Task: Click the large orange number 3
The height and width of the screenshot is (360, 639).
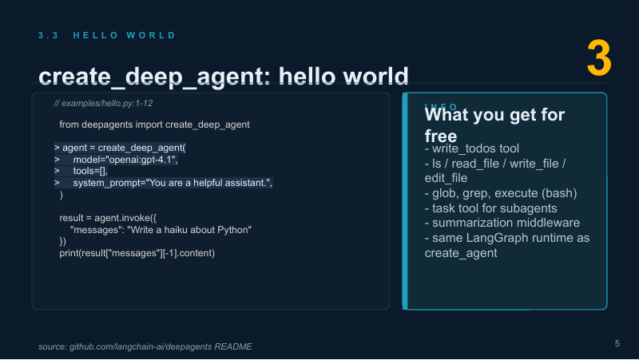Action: coord(599,57)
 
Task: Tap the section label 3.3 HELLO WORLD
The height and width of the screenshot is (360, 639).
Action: coord(107,35)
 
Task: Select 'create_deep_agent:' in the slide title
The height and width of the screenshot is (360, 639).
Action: coord(154,77)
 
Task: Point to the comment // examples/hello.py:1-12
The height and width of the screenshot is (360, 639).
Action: coord(103,104)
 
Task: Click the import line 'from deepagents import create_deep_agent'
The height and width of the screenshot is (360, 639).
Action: coord(154,125)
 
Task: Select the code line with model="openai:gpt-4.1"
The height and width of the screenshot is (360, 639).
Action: coord(116,160)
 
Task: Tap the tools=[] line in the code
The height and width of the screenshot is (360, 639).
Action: coord(81,171)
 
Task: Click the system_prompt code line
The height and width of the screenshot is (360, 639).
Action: coord(164,183)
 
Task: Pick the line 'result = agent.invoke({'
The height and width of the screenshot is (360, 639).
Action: coord(108,218)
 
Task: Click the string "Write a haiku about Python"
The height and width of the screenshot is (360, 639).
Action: coord(189,230)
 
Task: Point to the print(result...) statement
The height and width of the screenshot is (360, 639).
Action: coord(137,253)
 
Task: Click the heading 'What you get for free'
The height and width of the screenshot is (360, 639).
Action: coord(494,125)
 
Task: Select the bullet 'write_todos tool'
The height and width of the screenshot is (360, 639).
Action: coord(471,148)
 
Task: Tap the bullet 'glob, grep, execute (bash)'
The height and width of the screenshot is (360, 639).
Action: coord(501,193)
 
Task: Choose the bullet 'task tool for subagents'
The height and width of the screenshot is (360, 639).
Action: coord(490,208)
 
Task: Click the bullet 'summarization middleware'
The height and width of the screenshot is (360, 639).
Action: coord(502,223)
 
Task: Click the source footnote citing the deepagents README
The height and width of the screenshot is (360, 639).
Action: coord(145,346)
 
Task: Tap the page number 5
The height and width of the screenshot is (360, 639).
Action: coord(617,343)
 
